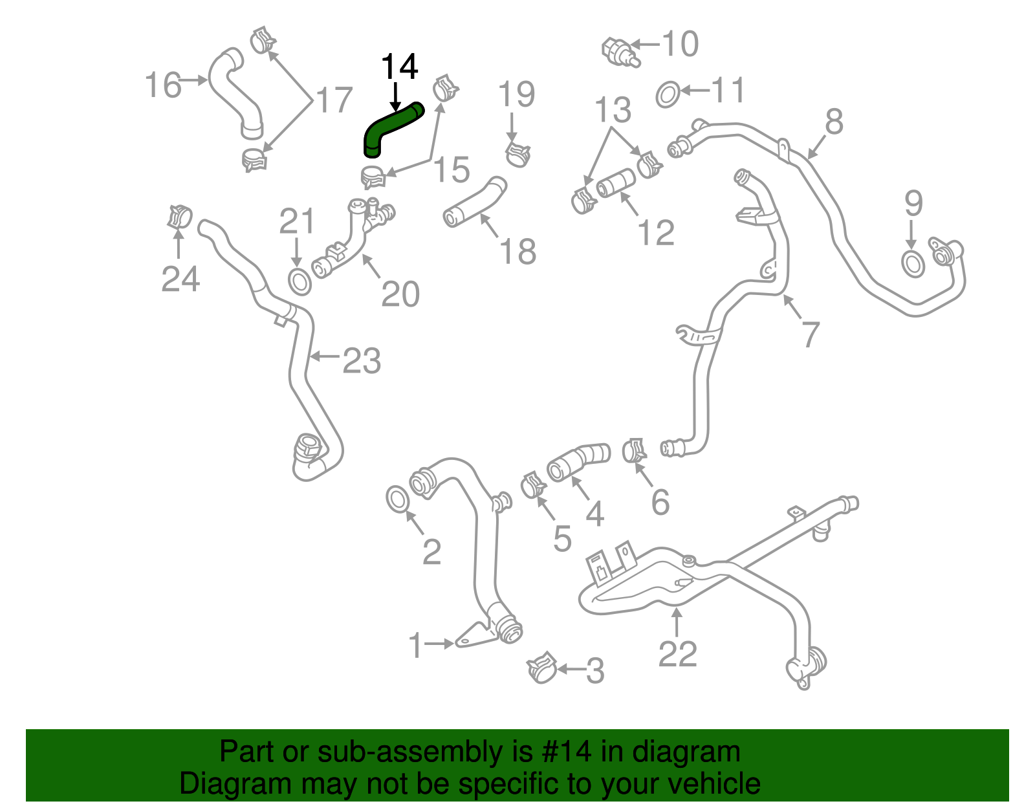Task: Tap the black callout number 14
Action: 399,67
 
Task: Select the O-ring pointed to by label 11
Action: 668,95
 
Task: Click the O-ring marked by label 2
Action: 397,499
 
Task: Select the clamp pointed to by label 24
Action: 179,216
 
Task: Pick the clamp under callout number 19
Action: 517,154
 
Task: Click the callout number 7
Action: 810,334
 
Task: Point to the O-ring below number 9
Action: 913,264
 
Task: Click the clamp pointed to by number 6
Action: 634,450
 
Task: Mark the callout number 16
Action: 162,85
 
